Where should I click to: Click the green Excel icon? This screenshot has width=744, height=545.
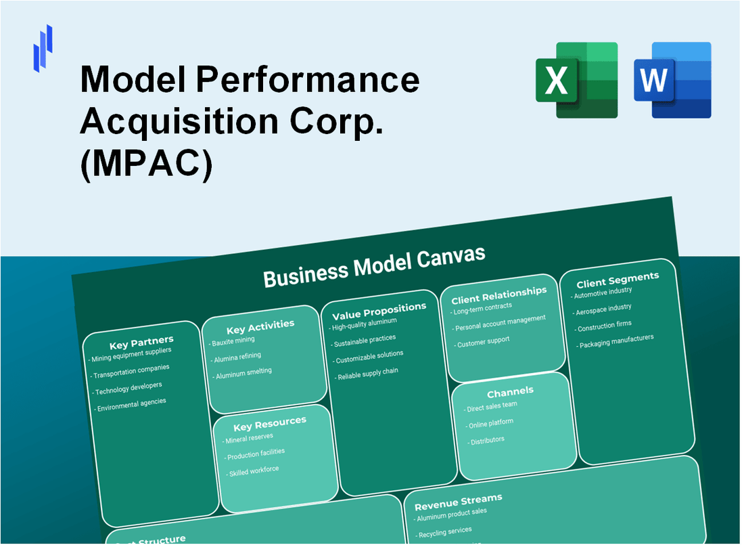pyautogui.click(x=576, y=80)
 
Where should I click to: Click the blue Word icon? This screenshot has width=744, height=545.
pyautogui.click(x=672, y=80)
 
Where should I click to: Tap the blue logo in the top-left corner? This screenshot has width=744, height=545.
pyautogui.click(x=43, y=47)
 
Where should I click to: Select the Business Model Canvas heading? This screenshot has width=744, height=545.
pyautogui.click(x=374, y=266)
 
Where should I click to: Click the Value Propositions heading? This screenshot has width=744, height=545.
pyautogui.click(x=379, y=311)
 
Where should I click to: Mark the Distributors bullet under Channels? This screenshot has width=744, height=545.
pyautogui.click(x=486, y=441)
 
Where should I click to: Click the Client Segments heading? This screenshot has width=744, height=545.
pyautogui.click(x=617, y=278)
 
